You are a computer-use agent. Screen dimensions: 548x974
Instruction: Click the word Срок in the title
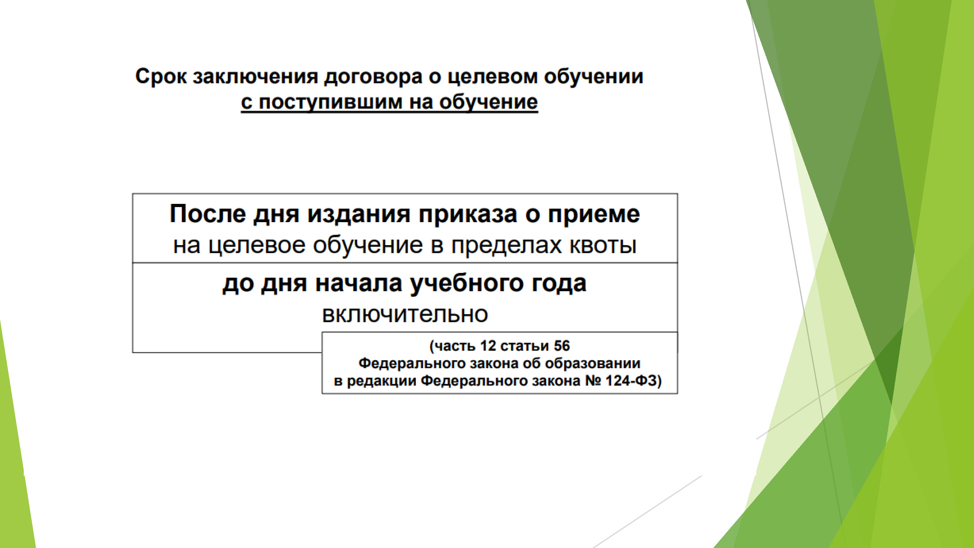point(161,77)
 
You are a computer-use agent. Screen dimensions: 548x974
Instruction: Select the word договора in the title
point(373,77)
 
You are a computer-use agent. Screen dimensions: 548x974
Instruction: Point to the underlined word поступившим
point(330,102)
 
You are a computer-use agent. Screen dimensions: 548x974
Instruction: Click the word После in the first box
point(208,214)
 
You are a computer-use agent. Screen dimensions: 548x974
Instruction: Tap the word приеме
point(593,214)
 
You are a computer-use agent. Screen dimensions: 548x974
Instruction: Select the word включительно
point(405,314)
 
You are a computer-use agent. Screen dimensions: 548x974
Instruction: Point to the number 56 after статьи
point(561,346)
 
